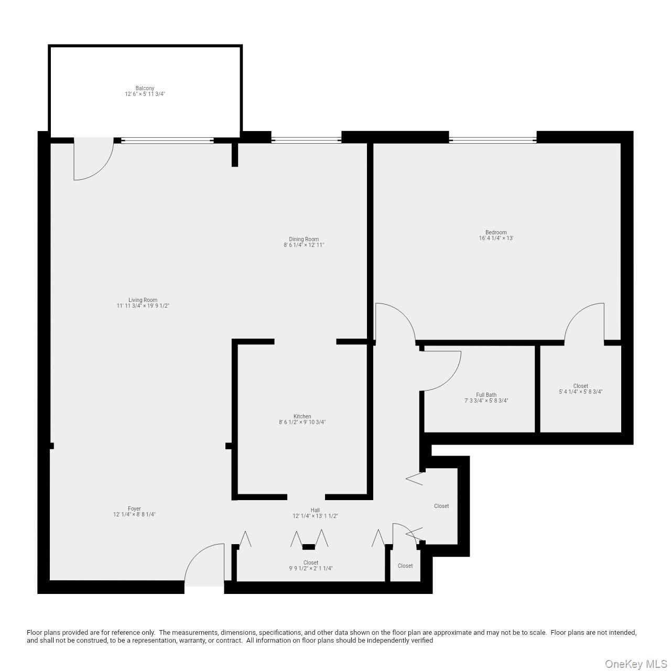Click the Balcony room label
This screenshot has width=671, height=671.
[145, 88]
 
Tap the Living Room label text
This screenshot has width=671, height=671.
[143, 300]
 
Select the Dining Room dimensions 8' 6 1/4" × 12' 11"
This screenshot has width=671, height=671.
[304, 245]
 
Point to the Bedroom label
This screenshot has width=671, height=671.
[496, 232]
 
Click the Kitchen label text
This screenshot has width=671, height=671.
[302, 416]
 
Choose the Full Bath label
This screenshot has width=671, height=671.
[486, 395]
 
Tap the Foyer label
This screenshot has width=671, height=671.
[134, 508]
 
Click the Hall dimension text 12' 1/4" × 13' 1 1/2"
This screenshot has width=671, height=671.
[315, 516]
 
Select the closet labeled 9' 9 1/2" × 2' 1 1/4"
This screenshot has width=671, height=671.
[310, 568]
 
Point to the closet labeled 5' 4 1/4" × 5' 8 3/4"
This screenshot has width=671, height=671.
[580, 392]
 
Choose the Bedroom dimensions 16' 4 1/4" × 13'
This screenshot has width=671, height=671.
[496, 238]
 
